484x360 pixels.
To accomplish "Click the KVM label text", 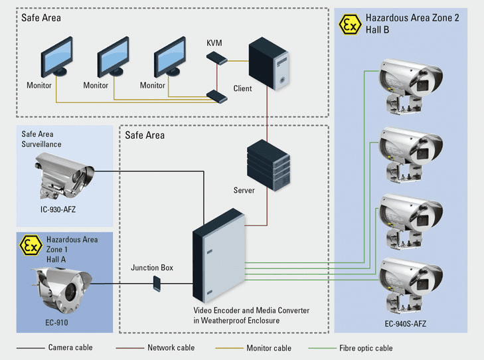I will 214,43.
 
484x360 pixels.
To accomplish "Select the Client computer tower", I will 269,66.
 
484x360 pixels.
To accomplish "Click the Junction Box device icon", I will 156,284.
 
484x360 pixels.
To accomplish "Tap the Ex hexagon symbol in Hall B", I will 350,24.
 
